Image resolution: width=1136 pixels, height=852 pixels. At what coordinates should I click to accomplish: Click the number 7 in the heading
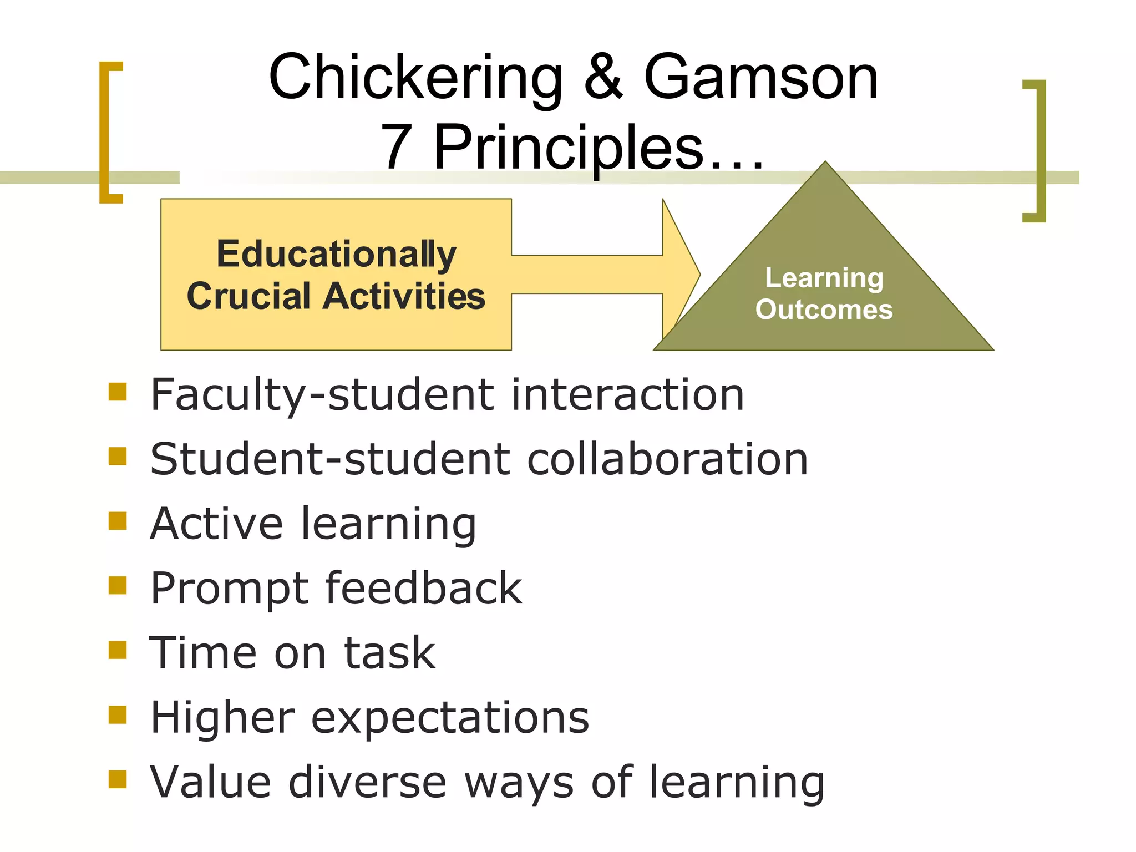tap(397, 147)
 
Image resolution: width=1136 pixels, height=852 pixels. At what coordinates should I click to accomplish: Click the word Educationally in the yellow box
tap(336, 254)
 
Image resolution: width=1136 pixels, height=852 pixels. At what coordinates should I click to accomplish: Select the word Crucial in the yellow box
tap(248, 296)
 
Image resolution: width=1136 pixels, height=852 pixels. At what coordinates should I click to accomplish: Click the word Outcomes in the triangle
tap(824, 310)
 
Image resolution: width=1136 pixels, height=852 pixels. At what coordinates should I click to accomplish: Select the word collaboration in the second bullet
tap(667, 459)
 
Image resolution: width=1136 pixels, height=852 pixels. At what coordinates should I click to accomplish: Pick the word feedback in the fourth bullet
tap(424, 588)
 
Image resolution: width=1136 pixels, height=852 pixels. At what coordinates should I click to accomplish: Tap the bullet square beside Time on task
tap(118, 650)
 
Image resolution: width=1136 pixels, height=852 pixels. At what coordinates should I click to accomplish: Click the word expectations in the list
tap(450, 717)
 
